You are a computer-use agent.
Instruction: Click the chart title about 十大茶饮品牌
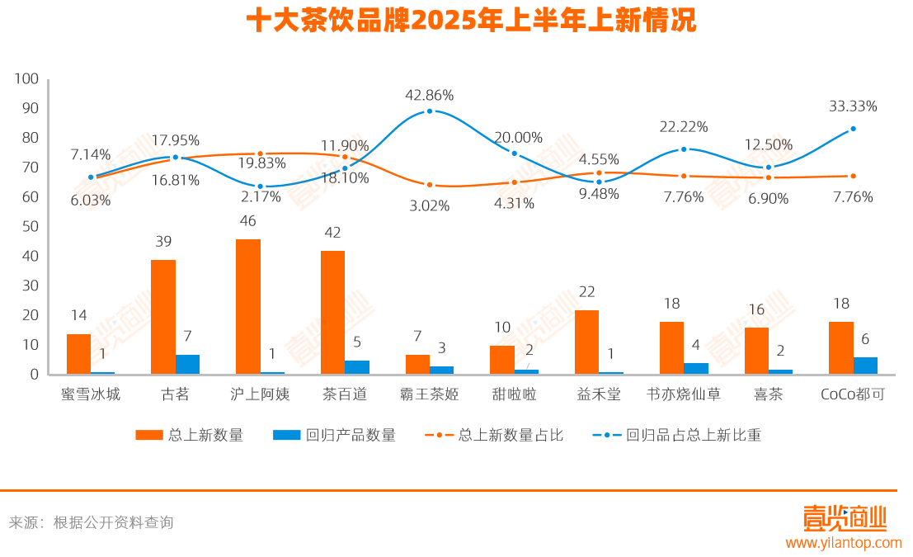tap(471, 21)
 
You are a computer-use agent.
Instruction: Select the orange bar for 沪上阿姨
tap(247, 306)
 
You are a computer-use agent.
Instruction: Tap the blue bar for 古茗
tap(187, 364)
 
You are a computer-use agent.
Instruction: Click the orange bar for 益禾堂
tap(586, 342)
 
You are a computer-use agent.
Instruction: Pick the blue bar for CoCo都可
tap(865, 366)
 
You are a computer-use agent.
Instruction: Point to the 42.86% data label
tap(429, 95)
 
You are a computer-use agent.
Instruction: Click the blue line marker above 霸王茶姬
tap(430, 111)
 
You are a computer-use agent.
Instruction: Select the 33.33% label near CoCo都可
tap(853, 106)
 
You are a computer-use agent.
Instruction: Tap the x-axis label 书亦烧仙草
tap(683, 394)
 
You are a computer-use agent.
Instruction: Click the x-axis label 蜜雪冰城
tap(91, 394)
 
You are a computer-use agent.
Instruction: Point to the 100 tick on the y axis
tap(27, 78)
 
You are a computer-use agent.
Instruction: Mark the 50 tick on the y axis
tap(30, 226)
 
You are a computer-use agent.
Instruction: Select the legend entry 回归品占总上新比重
tap(676, 435)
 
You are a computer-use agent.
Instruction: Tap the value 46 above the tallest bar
tap(247, 221)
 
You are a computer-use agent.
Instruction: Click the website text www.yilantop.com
tap(843, 543)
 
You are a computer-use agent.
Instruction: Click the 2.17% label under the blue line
tap(261, 197)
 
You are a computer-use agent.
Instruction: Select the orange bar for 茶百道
tap(332, 312)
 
